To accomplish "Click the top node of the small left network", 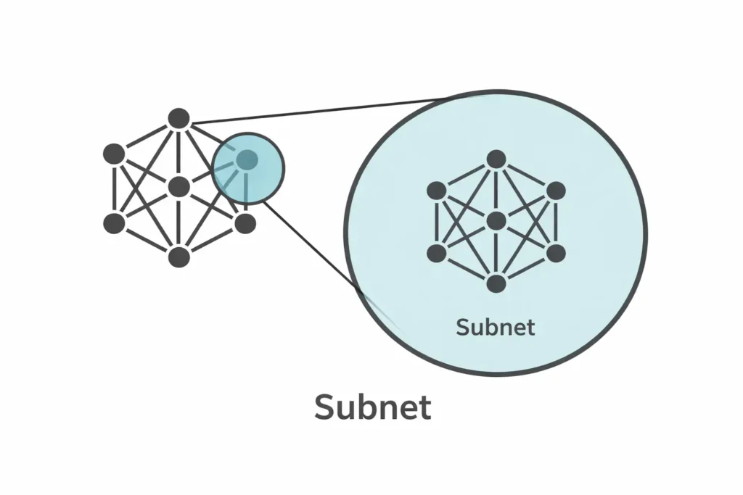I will (178, 118).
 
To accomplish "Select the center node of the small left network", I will (178, 187).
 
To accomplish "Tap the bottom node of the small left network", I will (178, 257).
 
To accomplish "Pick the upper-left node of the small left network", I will (114, 154).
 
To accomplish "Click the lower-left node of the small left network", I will (114, 223).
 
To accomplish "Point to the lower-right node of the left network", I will (245, 223).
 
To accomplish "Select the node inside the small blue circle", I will (247, 159).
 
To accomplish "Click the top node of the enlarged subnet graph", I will (496, 159).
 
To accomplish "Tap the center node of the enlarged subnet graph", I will (496, 221).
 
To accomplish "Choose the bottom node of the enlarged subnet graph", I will (496, 283).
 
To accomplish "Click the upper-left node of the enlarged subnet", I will (436, 191).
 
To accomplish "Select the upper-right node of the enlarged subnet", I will (555, 191).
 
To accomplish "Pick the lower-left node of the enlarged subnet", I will (436, 253).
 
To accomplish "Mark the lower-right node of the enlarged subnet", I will (555, 253).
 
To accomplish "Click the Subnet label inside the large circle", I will (496, 327).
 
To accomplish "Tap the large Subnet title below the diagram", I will (373, 408).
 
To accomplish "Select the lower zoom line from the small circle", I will (312, 246).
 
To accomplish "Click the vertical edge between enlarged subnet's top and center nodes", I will (496, 190).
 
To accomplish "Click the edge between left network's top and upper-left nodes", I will (146, 136).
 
